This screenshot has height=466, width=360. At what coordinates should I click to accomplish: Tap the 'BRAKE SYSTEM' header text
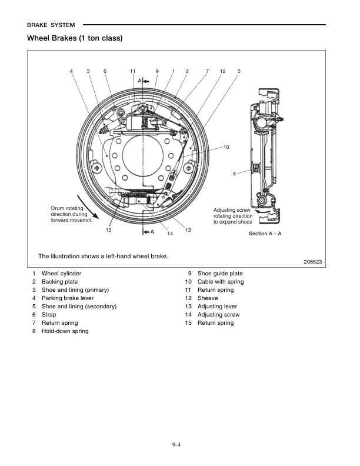(x=52, y=25)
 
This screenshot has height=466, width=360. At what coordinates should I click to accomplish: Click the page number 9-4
(x=180, y=444)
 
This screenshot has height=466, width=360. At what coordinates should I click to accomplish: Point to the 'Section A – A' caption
(x=265, y=234)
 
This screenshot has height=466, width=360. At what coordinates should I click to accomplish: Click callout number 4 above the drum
(x=71, y=71)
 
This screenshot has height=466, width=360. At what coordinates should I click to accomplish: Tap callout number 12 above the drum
(x=222, y=71)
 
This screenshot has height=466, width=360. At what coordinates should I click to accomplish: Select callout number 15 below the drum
(x=108, y=229)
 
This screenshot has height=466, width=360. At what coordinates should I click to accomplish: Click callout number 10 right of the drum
(x=226, y=146)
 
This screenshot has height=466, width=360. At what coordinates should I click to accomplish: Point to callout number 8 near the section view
(x=234, y=173)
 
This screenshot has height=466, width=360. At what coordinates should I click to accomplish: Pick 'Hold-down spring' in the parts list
(x=65, y=331)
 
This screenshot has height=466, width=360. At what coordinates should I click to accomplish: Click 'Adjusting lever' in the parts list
(x=217, y=307)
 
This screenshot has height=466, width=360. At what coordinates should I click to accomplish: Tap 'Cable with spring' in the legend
(x=220, y=282)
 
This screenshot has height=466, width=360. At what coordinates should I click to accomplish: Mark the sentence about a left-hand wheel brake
(x=103, y=256)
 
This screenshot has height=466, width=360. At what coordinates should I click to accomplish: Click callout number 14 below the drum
(x=169, y=234)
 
